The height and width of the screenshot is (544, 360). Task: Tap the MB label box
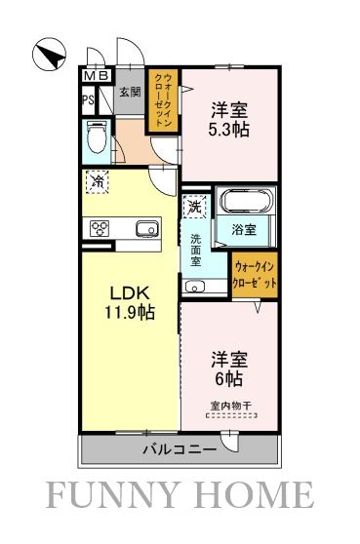(x=96, y=76)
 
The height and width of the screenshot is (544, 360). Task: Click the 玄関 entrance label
(x=129, y=94)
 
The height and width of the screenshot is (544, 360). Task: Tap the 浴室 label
(x=244, y=230)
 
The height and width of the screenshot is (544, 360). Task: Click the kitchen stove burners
(x=99, y=229)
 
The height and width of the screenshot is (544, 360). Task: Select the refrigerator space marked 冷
(x=98, y=180)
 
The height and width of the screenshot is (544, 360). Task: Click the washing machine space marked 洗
(x=194, y=207)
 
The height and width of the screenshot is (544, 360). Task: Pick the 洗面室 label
(x=195, y=251)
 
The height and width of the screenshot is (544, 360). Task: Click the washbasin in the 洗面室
(x=194, y=287)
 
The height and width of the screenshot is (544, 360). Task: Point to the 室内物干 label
(x=231, y=405)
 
